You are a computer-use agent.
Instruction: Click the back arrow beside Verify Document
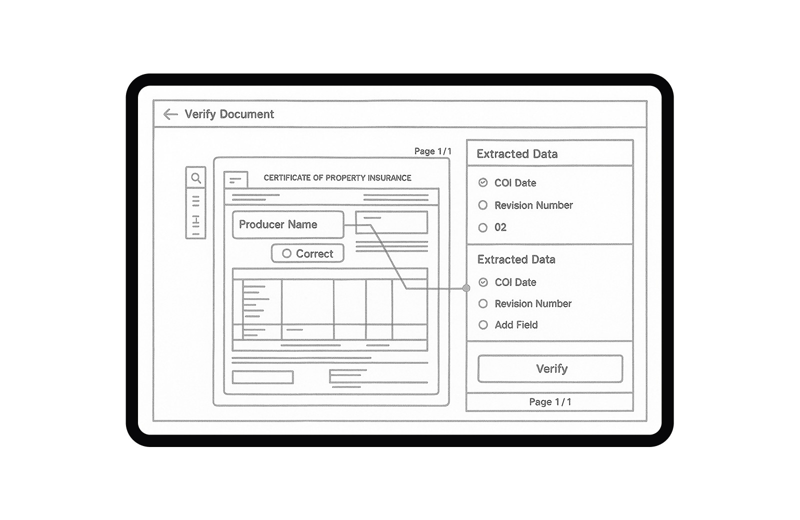(x=170, y=114)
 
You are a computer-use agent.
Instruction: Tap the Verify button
(x=550, y=368)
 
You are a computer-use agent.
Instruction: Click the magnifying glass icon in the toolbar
(x=196, y=178)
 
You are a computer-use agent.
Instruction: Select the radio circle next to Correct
(x=286, y=253)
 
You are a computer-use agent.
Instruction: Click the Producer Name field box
(x=288, y=224)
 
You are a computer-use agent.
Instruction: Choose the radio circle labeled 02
(x=483, y=227)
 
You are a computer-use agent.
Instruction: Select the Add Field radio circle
(x=483, y=325)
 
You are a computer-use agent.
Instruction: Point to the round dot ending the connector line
(x=466, y=288)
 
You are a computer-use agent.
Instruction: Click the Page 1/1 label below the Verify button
(x=550, y=402)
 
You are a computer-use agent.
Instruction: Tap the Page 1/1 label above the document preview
(x=433, y=151)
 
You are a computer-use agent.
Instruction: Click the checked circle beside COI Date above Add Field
(x=483, y=282)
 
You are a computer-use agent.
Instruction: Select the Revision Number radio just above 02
(x=483, y=205)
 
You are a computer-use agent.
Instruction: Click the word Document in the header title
(x=247, y=114)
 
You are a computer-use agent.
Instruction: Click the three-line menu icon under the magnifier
(x=195, y=201)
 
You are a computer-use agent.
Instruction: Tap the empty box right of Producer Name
(x=391, y=222)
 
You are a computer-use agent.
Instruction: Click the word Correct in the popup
(x=314, y=254)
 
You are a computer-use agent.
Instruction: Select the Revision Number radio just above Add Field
(x=483, y=304)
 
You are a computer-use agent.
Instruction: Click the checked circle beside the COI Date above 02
(x=483, y=183)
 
